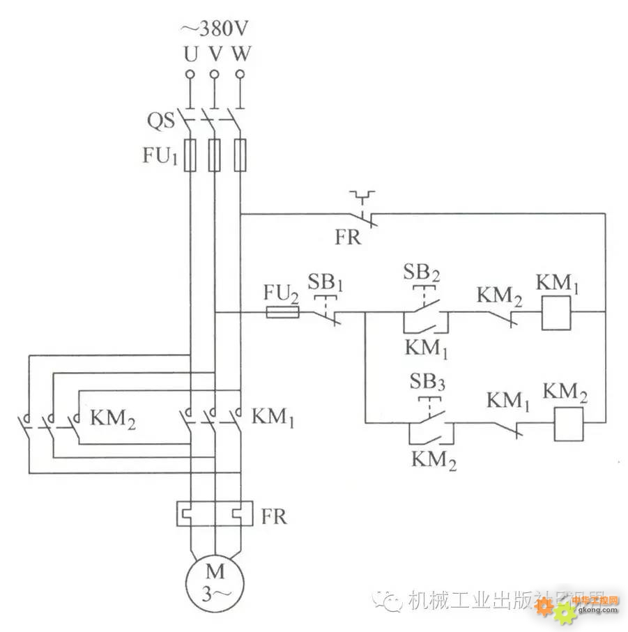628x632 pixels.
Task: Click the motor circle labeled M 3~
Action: click(x=215, y=584)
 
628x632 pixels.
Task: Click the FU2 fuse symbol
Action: click(x=283, y=314)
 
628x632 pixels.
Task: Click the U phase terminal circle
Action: click(x=190, y=73)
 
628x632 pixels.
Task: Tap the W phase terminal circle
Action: click(x=240, y=73)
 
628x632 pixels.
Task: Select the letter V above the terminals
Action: click(x=215, y=53)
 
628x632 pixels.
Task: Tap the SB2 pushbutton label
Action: click(x=422, y=272)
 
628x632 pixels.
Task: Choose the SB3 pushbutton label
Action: click(x=427, y=383)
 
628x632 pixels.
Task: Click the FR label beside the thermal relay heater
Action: click(x=273, y=518)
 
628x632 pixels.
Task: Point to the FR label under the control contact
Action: click(x=347, y=238)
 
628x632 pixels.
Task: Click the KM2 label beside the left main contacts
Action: click(x=113, y=419)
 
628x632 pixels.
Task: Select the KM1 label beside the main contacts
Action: click(x=275, y=417)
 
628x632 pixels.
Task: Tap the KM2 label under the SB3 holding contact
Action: click(x=434, y=461)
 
